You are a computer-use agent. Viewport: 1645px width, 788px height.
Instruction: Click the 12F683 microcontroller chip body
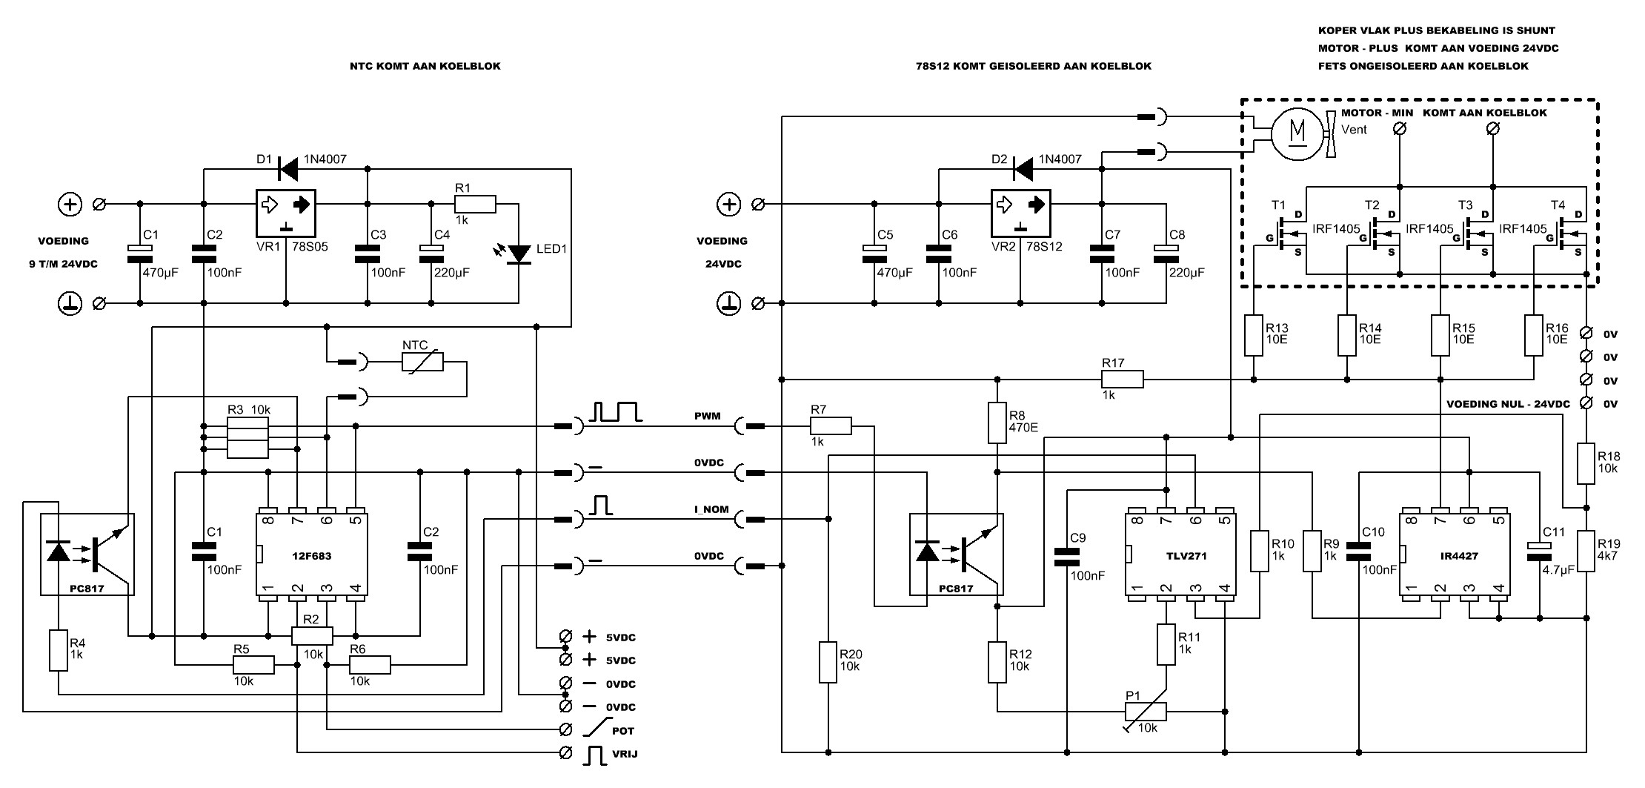click(312, 554)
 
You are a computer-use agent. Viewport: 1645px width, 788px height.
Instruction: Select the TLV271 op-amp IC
click(1180, 554)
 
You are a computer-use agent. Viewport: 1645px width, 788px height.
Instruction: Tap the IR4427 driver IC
click(1455, 554)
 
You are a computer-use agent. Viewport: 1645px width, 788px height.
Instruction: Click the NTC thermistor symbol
click(422, 362)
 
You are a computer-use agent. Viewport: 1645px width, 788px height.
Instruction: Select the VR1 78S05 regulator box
click(286, 211)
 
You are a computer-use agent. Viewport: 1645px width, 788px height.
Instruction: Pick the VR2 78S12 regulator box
click(1020, 211)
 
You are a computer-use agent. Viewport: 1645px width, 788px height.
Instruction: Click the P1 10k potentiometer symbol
click(1146, 712)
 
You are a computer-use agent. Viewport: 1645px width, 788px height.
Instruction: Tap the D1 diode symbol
click(287, 169)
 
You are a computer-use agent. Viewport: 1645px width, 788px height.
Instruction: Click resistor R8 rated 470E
click(997, 423)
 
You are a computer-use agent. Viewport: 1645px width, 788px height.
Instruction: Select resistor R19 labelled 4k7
click(1586, 551)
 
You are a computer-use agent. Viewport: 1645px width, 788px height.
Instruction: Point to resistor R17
click(1122, 380)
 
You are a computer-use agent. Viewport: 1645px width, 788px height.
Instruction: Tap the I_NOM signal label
click(711, 510)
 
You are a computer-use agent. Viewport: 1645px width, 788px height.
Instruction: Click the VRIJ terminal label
click(624, 754)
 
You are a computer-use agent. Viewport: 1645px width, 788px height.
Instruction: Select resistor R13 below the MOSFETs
click(1253, 335)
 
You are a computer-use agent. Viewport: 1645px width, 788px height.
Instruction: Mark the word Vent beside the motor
click(1354, 129)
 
